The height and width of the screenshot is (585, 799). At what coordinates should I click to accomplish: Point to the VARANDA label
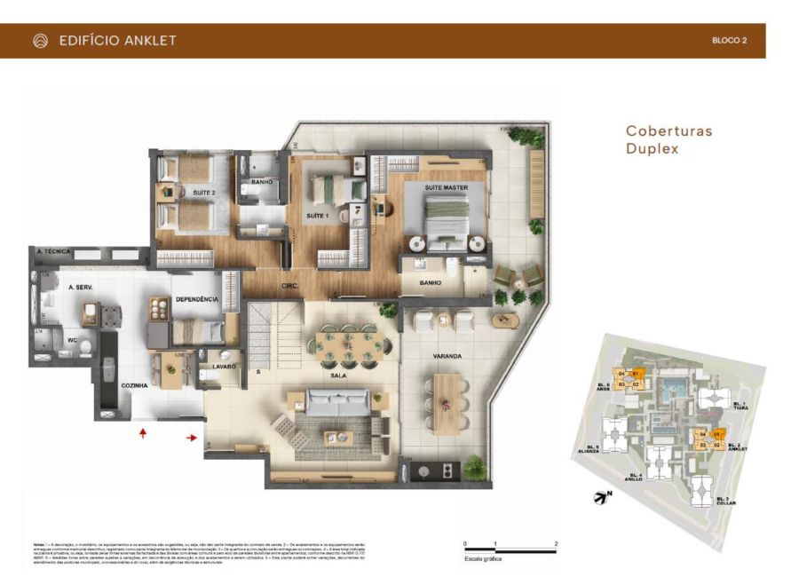click(x=447, y=356)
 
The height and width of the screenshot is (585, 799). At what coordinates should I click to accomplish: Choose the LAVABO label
click(x=224, y=366)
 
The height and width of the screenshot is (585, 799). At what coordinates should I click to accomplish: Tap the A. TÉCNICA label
click(x=53, y=252)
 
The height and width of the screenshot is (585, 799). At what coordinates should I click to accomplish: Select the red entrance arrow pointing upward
click(x=143, y=433)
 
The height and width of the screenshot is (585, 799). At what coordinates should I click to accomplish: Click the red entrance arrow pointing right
click(x=193, y=437)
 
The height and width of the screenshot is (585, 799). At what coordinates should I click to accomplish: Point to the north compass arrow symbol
click(x=601, y=498)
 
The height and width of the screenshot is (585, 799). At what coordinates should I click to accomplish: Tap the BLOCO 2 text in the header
click(x=729, y=41)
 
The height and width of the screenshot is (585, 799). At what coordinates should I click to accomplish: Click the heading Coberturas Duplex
click(x=668, y=139)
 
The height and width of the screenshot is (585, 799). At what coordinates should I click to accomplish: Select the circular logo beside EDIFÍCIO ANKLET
click(x=40, y=41)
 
